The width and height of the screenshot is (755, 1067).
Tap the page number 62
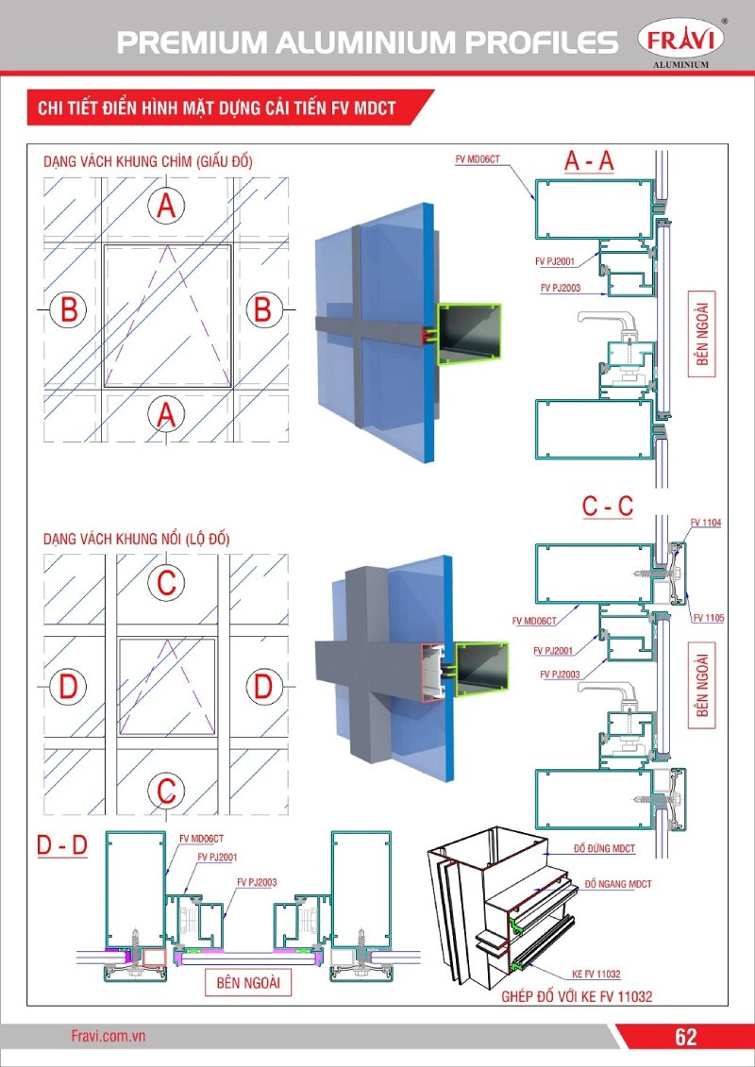tap(685, 1037)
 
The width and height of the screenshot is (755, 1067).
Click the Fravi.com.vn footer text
tap(108, 1036)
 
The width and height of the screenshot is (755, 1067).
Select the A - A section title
tap(590, 161)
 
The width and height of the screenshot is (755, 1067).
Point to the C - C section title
tap(607, 507)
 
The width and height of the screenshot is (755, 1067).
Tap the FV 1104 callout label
tap(705, 522)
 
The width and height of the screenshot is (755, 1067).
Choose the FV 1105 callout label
tap(707, 618)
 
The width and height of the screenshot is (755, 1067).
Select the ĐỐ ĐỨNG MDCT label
tap(605, 849)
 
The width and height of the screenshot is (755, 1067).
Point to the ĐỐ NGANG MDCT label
tap(618, 884)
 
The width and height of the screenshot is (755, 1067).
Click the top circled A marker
tap(166, 206)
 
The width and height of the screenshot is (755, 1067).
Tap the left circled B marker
tap(69, 309)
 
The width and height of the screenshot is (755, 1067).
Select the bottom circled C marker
tap(166, 789)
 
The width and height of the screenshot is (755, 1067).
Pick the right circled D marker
tap(263, 687)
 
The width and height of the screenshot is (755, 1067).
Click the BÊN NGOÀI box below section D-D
tap(248, 982)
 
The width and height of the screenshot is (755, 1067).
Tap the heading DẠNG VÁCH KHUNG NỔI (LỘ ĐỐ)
tap(137, 539)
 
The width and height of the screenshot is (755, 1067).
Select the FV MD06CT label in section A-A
tap(477, 162)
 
